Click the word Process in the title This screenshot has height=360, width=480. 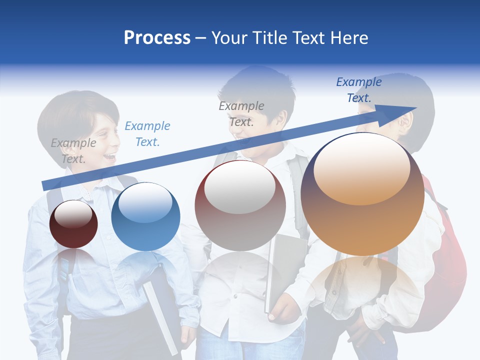tap(157, 38)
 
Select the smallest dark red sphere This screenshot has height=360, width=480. tap(73, 224)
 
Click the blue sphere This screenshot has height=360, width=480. tap(145, 217)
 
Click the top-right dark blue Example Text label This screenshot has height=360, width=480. tap(358, 90)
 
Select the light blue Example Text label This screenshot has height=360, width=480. tap(147, 133)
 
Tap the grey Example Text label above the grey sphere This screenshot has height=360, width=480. tap(241, 113)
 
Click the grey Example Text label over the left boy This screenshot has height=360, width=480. tap(73, 150)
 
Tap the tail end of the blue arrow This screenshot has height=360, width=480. tap(46, 185)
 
